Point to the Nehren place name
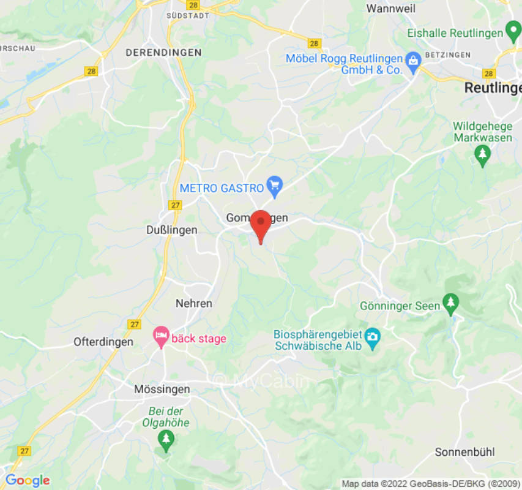(194, 303)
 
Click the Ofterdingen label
(103, 342)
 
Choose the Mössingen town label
(162, 389)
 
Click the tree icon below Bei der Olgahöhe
(165, 439)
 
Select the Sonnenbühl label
(464, 453)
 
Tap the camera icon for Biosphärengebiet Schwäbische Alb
(372, 336)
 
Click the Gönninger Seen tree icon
(451, 301)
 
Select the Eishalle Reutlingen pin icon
(513, 31)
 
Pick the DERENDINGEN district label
(163, 53)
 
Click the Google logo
(27, 481)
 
